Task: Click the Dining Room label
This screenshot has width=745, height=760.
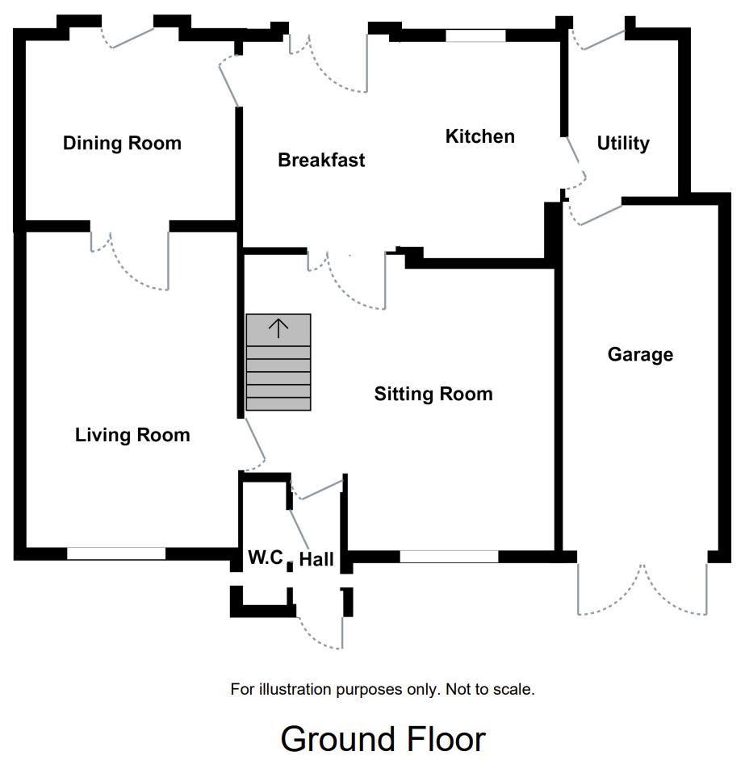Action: point(122,143)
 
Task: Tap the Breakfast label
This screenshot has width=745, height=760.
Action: point(321,160)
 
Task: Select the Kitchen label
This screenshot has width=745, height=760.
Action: point(480,136)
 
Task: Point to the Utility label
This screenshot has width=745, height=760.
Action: point(623,144)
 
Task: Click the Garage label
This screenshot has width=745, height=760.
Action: point(640,355)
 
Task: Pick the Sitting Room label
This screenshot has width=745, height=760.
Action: point(433,394)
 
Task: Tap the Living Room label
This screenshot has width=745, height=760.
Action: point(132,435)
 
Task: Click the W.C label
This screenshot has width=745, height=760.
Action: point(266,557)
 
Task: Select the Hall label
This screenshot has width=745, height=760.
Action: point(316,559)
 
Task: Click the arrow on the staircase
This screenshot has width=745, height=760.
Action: point(278,328)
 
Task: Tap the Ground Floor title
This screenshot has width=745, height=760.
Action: point(383,739)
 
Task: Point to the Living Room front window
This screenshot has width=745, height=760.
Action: point(116,553)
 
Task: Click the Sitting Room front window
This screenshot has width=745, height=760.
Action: point(449,557)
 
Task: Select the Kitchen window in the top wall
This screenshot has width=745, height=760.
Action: point(475,35)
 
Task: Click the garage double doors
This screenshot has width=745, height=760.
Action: point(642,590)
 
